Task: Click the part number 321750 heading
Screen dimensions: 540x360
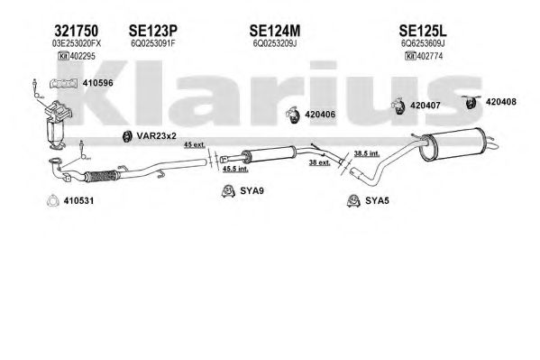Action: point(76,31)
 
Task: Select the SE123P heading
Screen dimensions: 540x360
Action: point(153,31)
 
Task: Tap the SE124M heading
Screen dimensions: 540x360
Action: point(274,31)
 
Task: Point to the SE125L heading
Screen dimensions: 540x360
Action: point(423,31)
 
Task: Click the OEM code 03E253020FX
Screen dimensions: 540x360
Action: point(77,44)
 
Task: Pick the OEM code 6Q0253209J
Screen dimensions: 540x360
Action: point(274,44)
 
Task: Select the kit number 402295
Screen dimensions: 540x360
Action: point(83,56)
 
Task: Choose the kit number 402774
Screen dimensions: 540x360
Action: point(429,56)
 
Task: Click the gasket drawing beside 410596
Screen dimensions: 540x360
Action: point(63,84)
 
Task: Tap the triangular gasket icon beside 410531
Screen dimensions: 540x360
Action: point(51,201)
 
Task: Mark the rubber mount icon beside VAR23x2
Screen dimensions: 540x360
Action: point(127,136)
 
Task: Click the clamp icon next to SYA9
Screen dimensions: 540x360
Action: point(228,191)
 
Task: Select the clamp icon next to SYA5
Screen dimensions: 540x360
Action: point(353,200)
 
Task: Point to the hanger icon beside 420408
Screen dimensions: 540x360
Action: point(471,102)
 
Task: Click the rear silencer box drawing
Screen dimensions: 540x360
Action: point(453,143)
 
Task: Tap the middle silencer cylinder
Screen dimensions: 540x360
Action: point(269,154)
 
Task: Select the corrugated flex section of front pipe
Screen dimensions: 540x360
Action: point(102,176)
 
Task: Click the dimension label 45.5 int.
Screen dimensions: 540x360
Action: point(235,169)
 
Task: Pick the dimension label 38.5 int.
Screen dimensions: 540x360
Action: point(367,153)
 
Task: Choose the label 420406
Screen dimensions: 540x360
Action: point(320,115)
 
